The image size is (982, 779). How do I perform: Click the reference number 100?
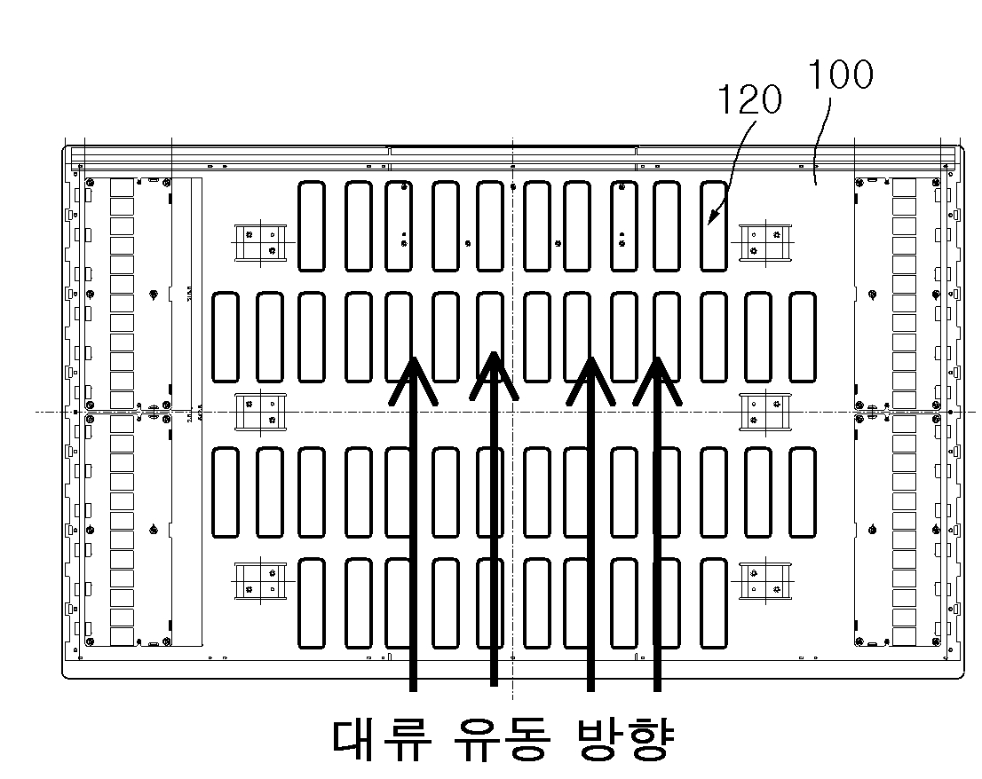[x=839, y=75]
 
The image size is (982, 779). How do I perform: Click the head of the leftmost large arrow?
[x=413, y=377]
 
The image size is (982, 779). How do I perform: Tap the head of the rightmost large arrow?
[x=657, y=377]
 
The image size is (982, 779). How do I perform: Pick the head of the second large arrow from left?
[x=494, y=373]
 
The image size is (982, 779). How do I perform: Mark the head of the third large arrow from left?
[x=590, y=377]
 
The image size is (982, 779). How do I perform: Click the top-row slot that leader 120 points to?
[x=714, y=225]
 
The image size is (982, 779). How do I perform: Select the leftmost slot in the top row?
[x=312, y=225]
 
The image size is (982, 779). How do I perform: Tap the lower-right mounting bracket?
[x=764, y=581]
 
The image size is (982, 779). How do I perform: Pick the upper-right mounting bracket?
[x=764, y=242]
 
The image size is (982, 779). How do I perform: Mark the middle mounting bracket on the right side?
[x=764, y=411]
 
